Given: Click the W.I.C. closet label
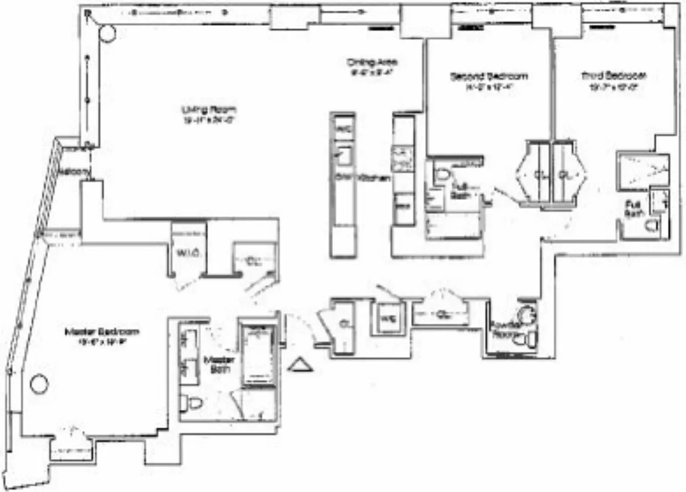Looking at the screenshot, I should click(x=185, y=253).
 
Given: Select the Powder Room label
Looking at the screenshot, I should click(x=507, y=330).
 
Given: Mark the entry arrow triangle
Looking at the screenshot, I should click(x=301, y=365).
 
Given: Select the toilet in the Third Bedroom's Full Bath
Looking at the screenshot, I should click(x=652, y=226).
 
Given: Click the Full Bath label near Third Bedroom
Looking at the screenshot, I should click(x=633, y=208).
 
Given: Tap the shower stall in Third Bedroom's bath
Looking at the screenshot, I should click(x=642, y=165).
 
